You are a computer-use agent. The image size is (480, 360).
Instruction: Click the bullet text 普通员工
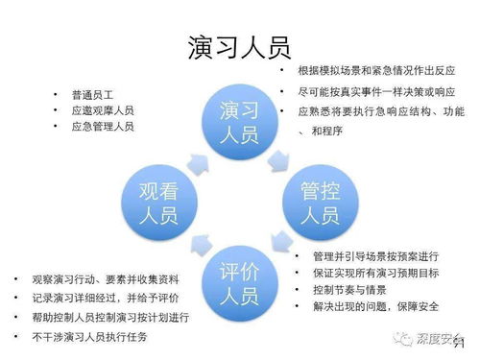click(92, 95)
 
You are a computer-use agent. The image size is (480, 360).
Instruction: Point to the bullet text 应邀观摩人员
click(102, 110)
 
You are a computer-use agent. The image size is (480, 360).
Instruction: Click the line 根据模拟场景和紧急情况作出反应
click(375, 71)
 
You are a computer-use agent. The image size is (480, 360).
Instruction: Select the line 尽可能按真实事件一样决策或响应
click(374, 91)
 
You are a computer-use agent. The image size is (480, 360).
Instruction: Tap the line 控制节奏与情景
click(346, 289)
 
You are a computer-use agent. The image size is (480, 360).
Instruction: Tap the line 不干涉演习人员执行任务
click(86, 336)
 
